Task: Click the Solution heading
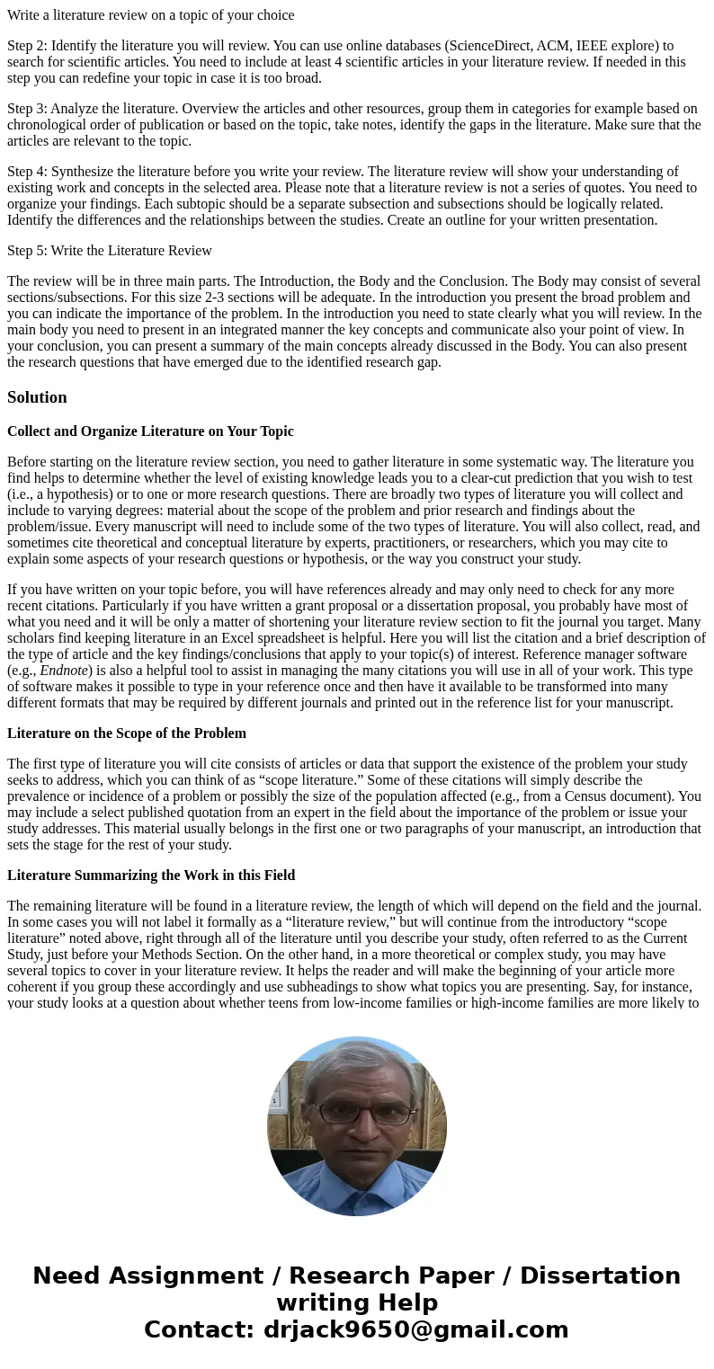(x=37, y=397)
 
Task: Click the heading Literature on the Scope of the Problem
(x=127, y=733)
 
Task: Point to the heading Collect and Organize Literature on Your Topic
(x=150, y=431)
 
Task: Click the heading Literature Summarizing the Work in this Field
(x=151, y=876)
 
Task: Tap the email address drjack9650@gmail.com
(x=416, y=1329)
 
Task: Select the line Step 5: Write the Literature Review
(x=110, y=251)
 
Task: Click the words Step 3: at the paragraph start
(x=27, y=109)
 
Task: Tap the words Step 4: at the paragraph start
(x=27, y=172)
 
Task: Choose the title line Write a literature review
(x=150, y=14)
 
